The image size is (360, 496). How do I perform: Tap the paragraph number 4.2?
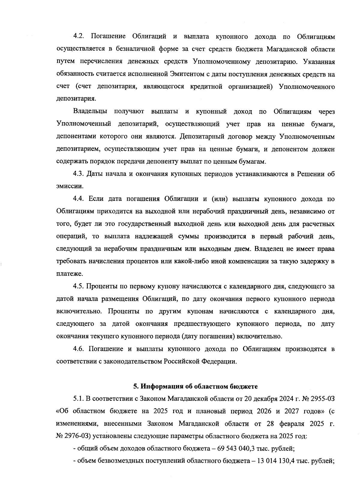pyautogui.click(x=79, y=37)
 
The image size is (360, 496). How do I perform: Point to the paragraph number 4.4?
pyautogui.click(x=79, y=199)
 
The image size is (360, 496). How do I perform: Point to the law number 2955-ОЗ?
pyautogui.click(x=321, y=399)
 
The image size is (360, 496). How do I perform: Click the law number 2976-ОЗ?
pyautogui.click(x=79, y=436)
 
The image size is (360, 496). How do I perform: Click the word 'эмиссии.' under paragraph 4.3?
pyautogui.click(x=70, y=186)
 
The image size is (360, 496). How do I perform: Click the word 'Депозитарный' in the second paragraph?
pyautogui.click(x=201, y=137)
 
